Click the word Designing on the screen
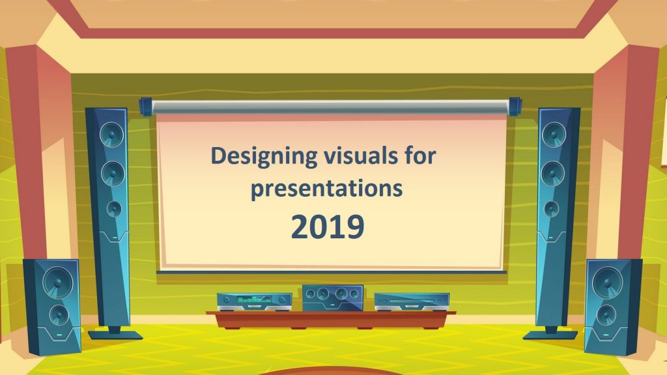click(264, 156)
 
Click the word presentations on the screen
click(327, 188)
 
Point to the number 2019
click(328, 227)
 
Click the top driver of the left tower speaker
click(112, 133)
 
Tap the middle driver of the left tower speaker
click(113, 173)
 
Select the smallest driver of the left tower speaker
click(114, 209)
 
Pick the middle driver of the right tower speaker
click(553, 173)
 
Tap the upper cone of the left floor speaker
click(58, 283)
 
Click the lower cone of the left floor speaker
click(59, 315)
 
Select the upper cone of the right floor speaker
click(608, 283)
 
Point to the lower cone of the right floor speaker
click(606, 315)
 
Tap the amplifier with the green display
click(255, 302)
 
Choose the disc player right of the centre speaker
click(412, 302)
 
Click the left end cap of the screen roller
click(145, 106)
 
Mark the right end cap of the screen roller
click(515, 106)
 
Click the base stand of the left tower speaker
click(115, 334)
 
